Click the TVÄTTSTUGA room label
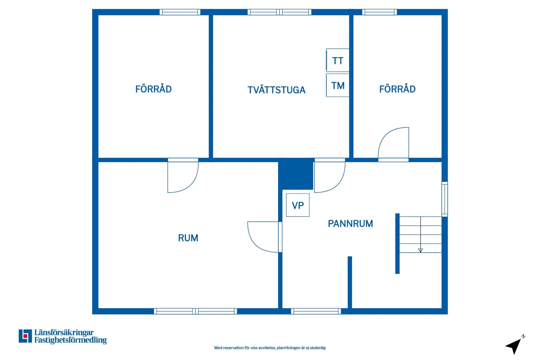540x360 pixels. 277,90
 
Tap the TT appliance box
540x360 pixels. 337,60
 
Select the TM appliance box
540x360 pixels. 337,85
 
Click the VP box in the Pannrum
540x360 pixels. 298,205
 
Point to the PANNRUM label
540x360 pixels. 350,224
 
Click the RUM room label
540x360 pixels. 188,238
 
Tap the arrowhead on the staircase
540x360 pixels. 421,250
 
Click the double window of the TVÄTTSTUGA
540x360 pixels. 279,12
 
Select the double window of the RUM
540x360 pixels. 195,311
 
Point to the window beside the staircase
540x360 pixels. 444,199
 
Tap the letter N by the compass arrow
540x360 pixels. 523,336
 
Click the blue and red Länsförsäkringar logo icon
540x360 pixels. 25,336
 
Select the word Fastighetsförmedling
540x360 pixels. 70,340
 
